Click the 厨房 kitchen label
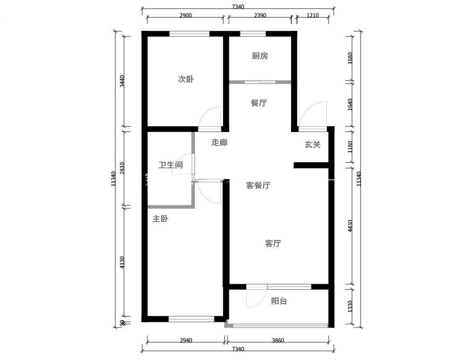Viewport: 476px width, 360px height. click(260, 56)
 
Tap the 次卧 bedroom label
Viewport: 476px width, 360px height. click(186, 79)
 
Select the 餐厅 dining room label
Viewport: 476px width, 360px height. click(259, 103)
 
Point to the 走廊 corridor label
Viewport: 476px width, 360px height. click(219, 143)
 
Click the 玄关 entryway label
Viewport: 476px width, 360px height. click(313, 144)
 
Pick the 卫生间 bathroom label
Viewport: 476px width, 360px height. click(171, 165)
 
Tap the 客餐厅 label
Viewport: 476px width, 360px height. click(258, 185)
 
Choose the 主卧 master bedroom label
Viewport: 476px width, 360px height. click(160, 219)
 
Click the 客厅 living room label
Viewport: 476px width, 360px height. click(273, 243)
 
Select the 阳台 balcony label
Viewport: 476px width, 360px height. click(279, 301)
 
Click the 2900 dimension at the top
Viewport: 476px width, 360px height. click(186, 15)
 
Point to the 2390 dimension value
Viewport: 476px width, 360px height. click(260, 15)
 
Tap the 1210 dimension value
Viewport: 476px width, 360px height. click(313, 15)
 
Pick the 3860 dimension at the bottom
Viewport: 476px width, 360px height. click(278, 340)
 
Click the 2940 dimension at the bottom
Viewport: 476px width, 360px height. click(186, 340)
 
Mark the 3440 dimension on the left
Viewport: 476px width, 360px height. click(122, 81)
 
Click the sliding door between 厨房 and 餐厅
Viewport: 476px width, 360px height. click(260, 81)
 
